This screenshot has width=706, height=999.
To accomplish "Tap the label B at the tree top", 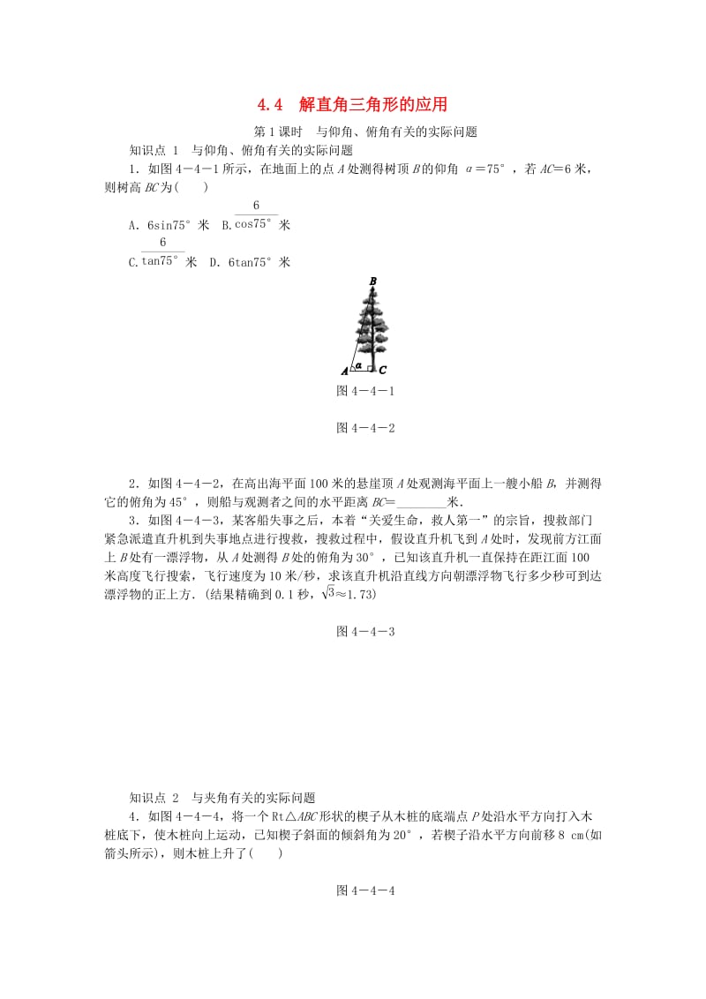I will point(373,282).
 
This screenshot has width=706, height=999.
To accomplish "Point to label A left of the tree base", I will point(345,371).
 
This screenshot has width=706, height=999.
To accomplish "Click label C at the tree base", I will point(383,371).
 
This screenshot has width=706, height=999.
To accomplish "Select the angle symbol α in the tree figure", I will point(358,363).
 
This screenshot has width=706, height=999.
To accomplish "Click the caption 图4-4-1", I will point(365,390).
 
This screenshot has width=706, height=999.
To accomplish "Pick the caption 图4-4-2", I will point(365,428).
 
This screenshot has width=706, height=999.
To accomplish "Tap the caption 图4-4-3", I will point(365,631).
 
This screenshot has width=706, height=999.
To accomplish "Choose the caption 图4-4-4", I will point(365,890).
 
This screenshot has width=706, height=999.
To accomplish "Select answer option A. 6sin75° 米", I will point(169,225).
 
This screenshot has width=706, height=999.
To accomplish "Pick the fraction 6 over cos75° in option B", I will point(255,216).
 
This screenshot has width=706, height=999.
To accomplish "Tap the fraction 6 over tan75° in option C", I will point(162,252).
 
